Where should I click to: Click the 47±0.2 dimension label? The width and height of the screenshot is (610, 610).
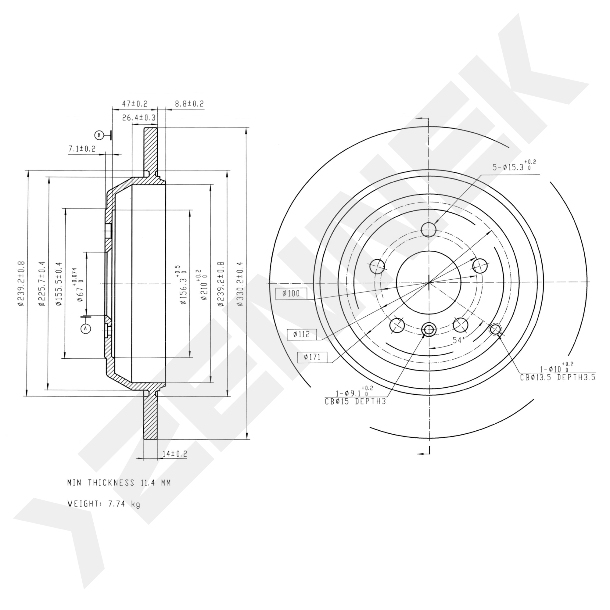(135, 104)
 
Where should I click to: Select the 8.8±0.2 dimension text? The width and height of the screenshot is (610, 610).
(189, 104)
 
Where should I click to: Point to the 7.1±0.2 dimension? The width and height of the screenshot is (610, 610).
(82, 149)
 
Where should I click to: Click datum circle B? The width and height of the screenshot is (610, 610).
(99, 135)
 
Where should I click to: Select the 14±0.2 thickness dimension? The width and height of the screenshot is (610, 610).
(174, 454)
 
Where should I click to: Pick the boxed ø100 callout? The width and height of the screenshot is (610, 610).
(291, 294)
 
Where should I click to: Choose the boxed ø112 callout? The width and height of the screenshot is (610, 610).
(302, 334)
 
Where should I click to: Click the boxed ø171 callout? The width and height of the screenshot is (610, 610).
(313, 357)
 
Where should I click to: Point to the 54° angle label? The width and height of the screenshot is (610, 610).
(459, 340)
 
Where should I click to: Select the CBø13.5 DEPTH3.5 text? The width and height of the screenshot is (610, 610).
(558, 377)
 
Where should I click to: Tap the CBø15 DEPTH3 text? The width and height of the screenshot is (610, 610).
(355, 402)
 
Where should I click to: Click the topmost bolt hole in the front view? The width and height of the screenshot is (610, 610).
(429, 229)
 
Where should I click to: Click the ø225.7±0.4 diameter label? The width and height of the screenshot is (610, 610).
(42, 284)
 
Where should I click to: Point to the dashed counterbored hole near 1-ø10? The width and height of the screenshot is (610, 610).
(495, 330)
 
